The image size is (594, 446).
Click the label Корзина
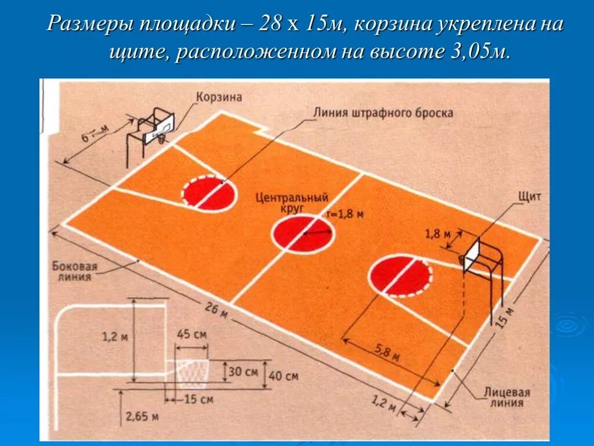click(x=218, y=97)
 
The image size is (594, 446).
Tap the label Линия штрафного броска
click(x=383, y=113)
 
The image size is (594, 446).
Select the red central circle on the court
click(x=303, y=233)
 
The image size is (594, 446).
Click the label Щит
click(x=529, y=196)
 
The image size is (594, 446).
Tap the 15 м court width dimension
click(x=506, y=317)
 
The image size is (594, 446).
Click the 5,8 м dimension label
click(x=387, y=353)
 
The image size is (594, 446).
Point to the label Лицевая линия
click(x=508, y=398)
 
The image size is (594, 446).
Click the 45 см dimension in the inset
click(x=191, y=334)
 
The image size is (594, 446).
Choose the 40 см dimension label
click(x=284, y=376)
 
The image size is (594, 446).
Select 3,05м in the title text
click(x=478, y=52)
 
